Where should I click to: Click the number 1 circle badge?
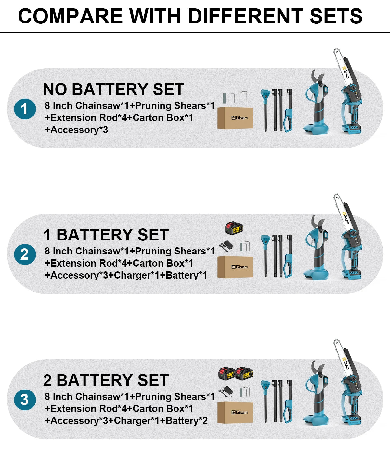coord(25,109)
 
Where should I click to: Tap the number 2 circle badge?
coord(25,254)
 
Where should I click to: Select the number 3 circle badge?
coord(25,400)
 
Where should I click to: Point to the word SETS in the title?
coord(336,16)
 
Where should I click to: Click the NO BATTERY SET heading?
coord(114,89)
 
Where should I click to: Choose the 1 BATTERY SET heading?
coord(106,235)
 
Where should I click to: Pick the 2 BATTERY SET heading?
coord(106,380)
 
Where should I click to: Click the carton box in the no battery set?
coord(235,118)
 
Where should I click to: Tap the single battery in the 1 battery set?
coord(234,228)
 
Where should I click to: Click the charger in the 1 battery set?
coord(226,246)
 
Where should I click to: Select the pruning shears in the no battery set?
coord(316,102)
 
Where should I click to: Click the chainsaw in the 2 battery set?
coord(348,382)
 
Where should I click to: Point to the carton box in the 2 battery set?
coord(235,412)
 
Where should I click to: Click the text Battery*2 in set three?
coord(187,421)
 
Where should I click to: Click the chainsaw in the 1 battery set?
coord(348,237)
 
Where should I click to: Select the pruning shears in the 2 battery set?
coord(316,392)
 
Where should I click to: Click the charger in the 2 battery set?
coord(226,391)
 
